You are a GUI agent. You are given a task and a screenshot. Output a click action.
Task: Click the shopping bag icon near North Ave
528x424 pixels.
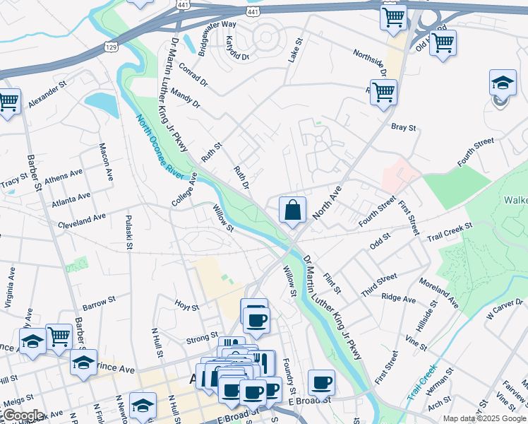[x=292, y=210]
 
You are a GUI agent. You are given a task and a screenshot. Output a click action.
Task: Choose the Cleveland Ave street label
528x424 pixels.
[x=82, y=219]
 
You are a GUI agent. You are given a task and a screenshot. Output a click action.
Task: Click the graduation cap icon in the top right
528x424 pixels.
[x=503, y=83]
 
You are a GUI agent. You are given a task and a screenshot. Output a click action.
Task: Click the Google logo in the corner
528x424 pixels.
[x=23, y=416]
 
